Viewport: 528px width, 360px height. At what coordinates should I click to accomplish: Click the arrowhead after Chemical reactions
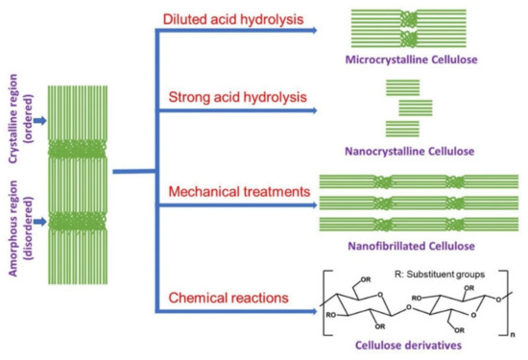[314, 309]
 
